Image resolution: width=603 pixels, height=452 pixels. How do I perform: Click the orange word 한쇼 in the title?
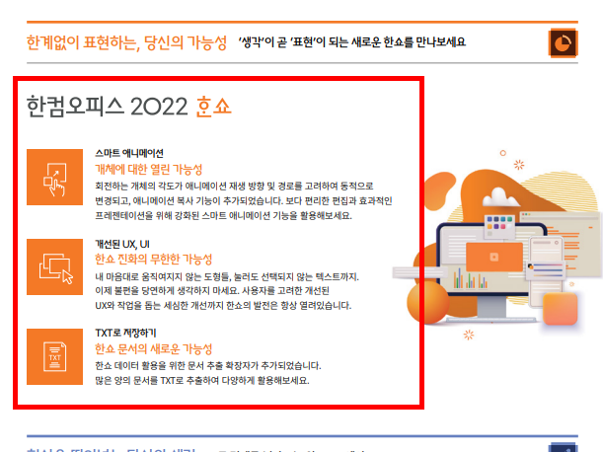pyautogui.click(x=214, y=106)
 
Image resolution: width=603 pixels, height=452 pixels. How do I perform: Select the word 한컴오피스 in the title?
pyautogui.click(x=77, y=106)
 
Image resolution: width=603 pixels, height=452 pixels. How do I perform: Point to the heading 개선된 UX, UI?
pyautogui.click(x=121, y=243)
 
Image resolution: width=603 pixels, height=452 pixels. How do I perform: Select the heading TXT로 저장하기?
pyautogui.click(x=125, y=333)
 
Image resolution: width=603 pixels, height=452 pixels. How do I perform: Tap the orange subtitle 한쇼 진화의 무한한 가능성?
pyautogui.click(x=154, y=259)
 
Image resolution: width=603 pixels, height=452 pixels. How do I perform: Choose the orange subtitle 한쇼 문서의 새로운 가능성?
pyautogui.click(x=153, y=348)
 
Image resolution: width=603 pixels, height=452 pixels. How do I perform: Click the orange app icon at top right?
pyautogui.click(x=563, y=43)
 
